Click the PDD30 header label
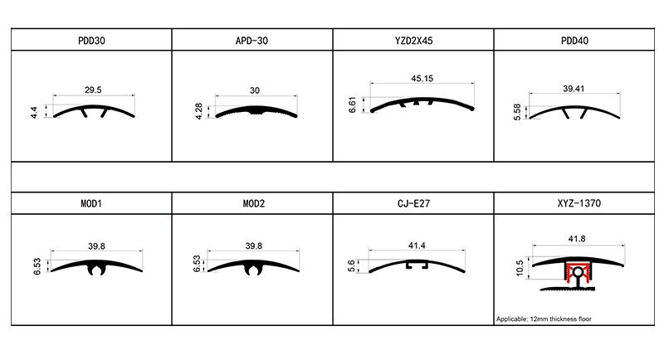tap(91, 39)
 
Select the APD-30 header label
tap(252, 39)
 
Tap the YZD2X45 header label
tap(413, 39)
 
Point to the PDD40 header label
tap(574, 39)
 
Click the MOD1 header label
tap(91, 202)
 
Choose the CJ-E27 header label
tap(413, 202)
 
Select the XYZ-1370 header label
tap(574, 202)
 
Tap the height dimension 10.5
tap(519, 270)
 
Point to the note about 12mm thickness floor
tap(543, 319)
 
